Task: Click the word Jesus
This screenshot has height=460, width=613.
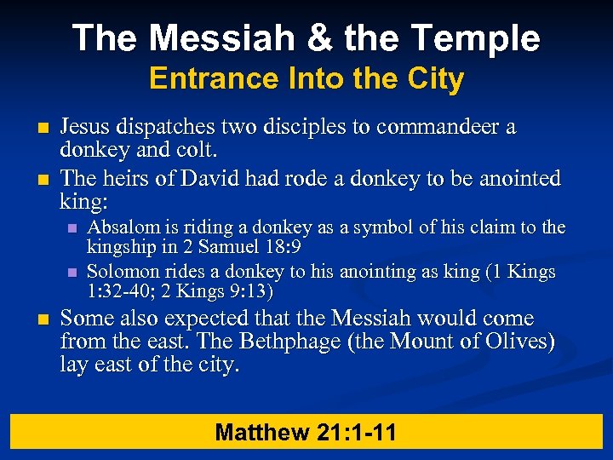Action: point(85,127)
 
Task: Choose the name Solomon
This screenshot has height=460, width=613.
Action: point(123,272)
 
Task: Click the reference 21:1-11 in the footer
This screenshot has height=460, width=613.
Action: point(357,432)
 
